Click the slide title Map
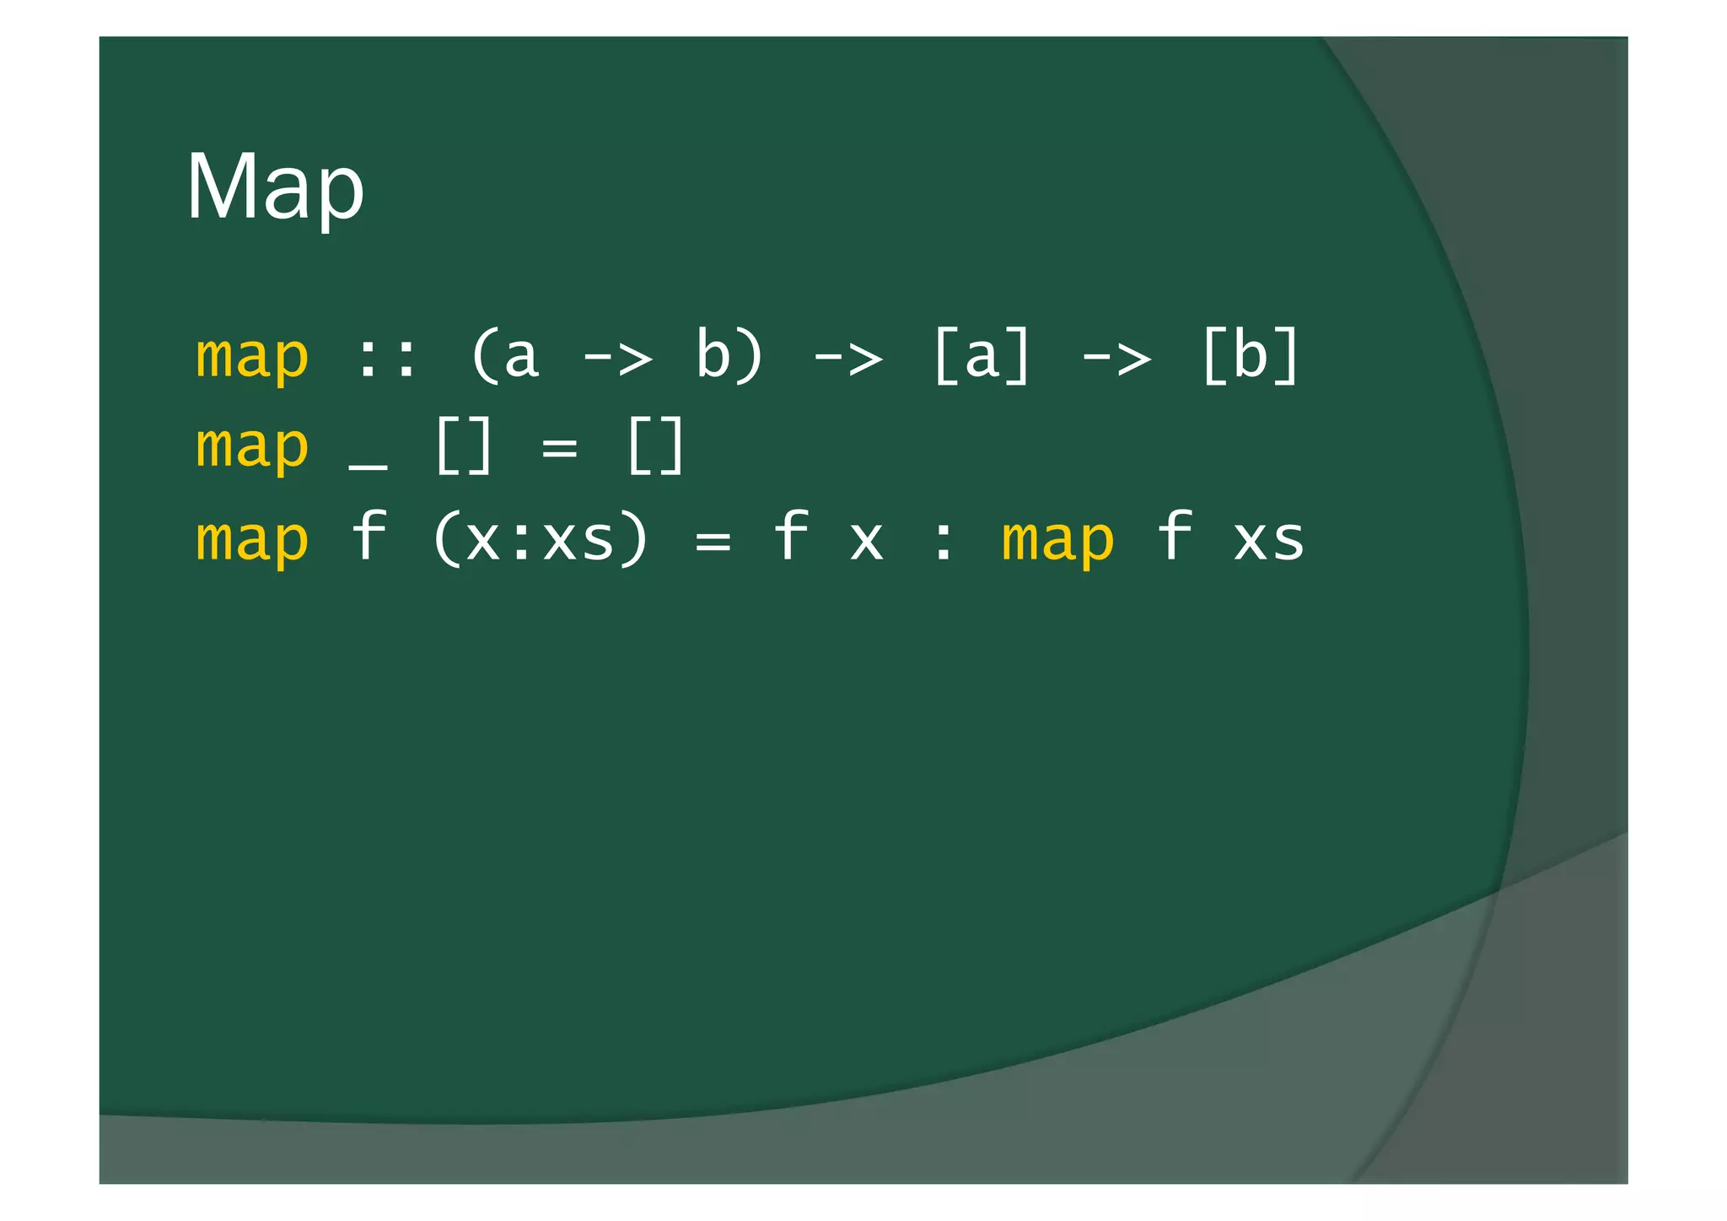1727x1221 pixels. tap(275, 188)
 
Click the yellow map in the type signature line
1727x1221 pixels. tap(252, 358)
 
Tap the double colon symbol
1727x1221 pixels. tap(387, 358)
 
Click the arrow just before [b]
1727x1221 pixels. tap(1116, 358)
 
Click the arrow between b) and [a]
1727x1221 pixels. tap(847, 358)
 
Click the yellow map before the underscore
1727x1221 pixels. tap(252, 447)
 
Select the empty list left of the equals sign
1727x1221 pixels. tap(463, 447)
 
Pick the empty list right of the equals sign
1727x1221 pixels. tap(655, 447)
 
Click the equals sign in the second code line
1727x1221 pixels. tap(560, 448)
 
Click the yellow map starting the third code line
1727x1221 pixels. tap(252, 540)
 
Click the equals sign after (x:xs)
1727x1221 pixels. tap(713, 541)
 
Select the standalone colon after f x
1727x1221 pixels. tap(944, 541)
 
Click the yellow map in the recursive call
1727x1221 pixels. tap(1057, 540)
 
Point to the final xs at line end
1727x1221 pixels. tap(1269, 540)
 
